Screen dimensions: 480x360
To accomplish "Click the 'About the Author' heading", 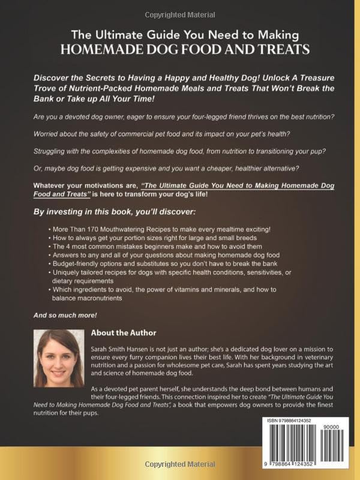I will pos(124,332).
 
